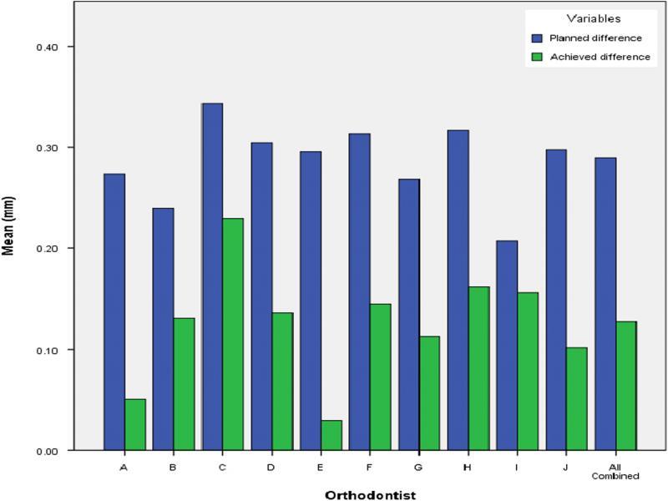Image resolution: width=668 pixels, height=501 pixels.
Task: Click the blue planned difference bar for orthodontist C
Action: (x=212, y=276)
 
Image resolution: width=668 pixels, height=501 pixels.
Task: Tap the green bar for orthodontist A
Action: (x=134, y=425)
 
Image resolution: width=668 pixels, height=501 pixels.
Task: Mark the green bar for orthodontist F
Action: (x=380, y=377)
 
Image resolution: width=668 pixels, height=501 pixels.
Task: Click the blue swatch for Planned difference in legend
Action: (x=537, y=38)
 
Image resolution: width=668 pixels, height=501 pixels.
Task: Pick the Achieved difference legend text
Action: (x=599, y=57)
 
